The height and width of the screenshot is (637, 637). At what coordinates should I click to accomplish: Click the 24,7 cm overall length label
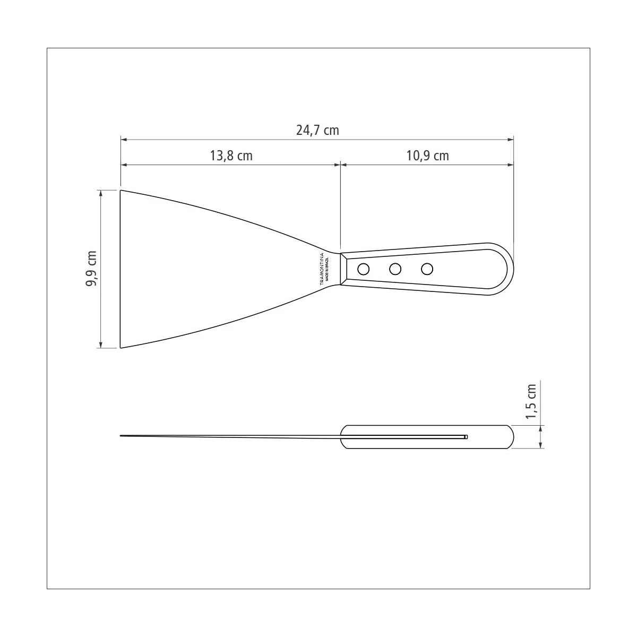tap(317, 130)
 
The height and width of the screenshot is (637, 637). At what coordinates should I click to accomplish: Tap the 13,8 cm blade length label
tap(231, 156)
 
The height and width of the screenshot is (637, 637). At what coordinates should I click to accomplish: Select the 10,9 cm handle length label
tap(427, 156)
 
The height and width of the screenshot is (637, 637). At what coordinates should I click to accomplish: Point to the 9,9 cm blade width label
tap(91, 269)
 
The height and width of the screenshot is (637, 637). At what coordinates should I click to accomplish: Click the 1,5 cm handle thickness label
tap(531, 401)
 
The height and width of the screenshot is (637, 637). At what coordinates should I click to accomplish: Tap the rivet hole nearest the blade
tap(363, 269)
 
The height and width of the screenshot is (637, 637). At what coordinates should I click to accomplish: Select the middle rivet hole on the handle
tap(395, 269)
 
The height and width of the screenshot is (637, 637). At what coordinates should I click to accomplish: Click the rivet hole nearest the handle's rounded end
tap(427, 269)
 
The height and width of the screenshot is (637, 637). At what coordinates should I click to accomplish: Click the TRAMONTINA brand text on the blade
tap(322, 269)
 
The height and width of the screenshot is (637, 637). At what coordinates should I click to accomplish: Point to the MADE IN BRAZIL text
tap(327, 269)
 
